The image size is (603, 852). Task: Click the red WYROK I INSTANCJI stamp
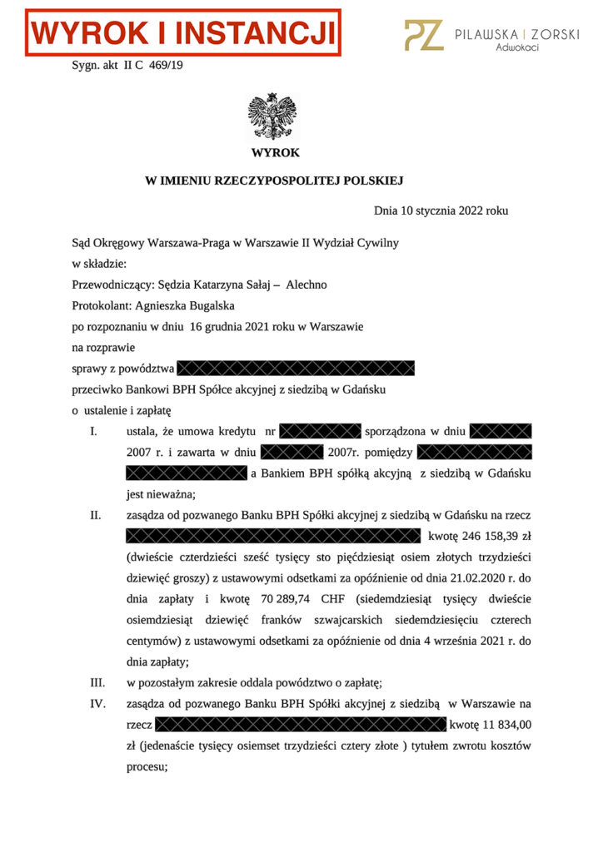[182, 33]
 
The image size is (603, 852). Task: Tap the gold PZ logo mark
[423, 35]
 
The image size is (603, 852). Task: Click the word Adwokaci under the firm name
[516, 48]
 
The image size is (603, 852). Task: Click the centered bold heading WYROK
[275, 153]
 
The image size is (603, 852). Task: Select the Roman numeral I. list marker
[94, 432]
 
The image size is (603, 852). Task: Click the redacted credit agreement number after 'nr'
[321, 432]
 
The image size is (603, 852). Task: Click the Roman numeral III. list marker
[97, 683]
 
